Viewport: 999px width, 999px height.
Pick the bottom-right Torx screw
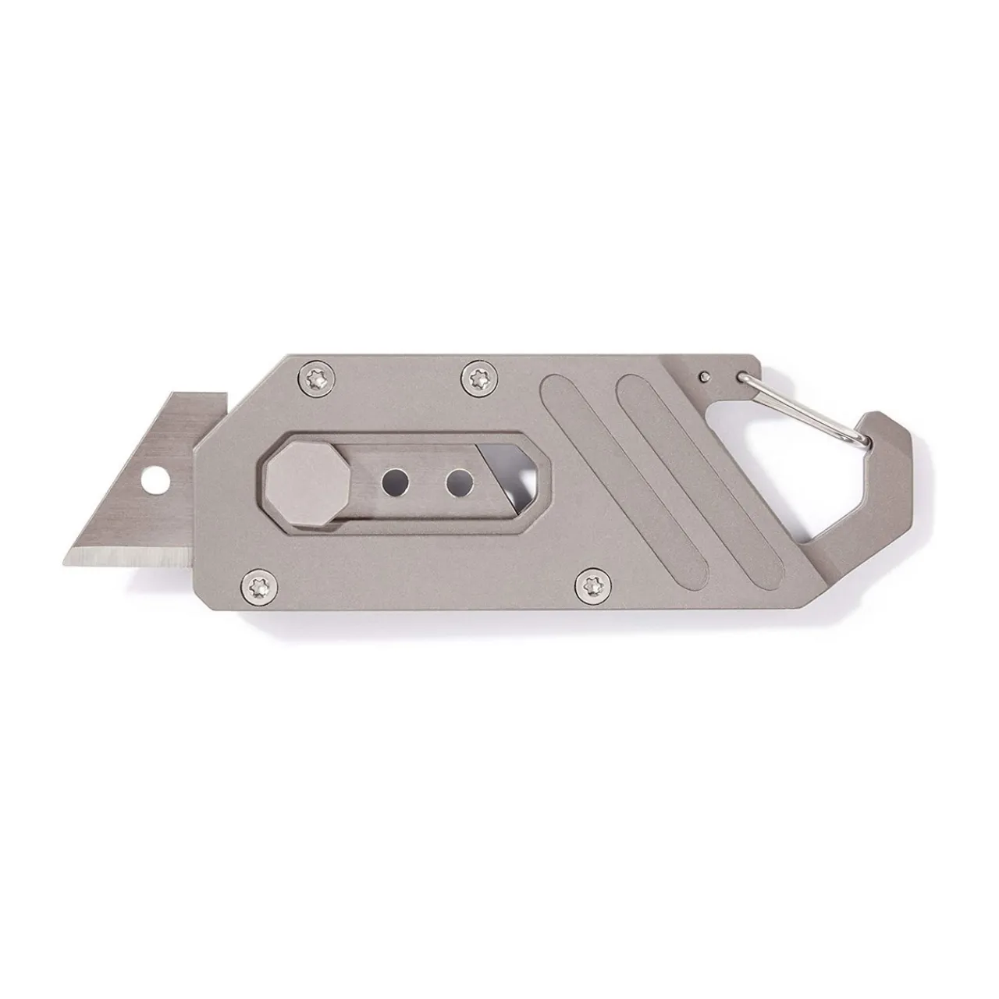(x=589, y=581)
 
